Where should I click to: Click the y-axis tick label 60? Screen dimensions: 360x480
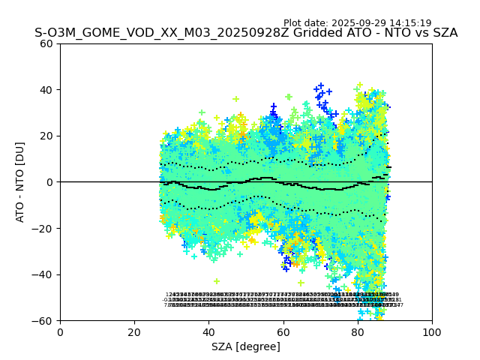click(46, 43)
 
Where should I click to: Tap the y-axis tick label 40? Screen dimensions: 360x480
click(46, 90)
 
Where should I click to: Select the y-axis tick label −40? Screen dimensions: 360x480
click(43, 274)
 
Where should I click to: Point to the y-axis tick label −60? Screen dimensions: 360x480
click(43, 320)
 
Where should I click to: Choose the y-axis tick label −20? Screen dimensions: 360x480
click(43, 228)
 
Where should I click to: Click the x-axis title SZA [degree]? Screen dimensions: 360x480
click(246, 346)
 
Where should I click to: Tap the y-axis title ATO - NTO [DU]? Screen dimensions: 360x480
click(20, 181)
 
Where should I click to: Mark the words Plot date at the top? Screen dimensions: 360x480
click(306, 23)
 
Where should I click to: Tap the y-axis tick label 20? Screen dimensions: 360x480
click(46, 136)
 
